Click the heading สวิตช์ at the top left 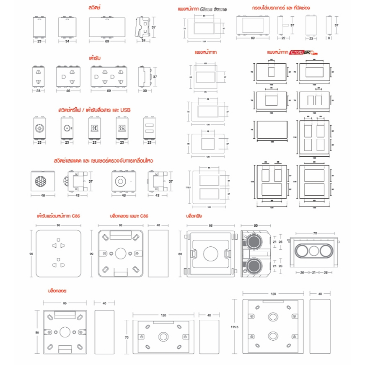[95, 8]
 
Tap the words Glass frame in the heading [213, 9]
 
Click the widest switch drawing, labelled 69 [107, 27]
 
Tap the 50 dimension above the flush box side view [255, 226]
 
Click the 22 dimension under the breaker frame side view [283, 38]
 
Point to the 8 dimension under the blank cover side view [329, 38]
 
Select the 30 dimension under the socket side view [145, 91]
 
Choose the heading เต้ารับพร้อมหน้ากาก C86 [58, 216]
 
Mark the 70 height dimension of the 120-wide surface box [126, 337]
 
